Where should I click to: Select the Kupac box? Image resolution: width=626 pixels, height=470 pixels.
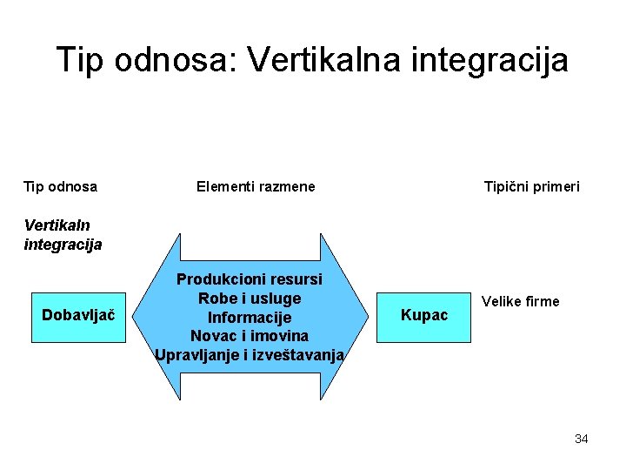pyautogui.click(x=424, y=315)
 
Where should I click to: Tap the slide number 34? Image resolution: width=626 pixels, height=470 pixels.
pyautogui.click(x=581, y=439)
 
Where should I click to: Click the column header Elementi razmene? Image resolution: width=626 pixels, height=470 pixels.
pyautogui.click(x=256, y=186)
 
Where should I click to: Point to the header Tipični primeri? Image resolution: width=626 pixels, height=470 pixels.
pyautogui.click(x=532, y=186)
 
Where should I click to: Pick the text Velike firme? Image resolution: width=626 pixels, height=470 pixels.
pyautogui.click(x=521, y=301)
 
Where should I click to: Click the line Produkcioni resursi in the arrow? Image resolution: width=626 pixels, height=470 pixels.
pyautogui.click(x=250, y=279)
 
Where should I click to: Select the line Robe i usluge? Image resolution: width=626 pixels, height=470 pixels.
pyautogui.click(x=250, y=298)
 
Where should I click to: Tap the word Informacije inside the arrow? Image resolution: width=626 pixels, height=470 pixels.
pyautogui.click(x=250, y=317)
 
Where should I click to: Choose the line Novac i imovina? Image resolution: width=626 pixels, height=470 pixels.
pyautogui.click(x=250, y=335)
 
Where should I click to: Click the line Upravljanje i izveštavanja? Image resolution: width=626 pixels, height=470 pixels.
pyautogui.click(x=250, y=354)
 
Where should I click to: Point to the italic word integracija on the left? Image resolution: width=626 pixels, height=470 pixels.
pyautogui.click(x=63, y=245)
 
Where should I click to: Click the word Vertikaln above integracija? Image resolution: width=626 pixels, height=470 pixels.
pyautogui.click(x=57, y=225)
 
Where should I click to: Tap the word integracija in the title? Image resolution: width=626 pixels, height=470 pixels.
pyautogui.click(x=496, y=60)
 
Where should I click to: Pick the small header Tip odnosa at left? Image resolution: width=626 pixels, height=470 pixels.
pyautogui.click(x=60, y=186)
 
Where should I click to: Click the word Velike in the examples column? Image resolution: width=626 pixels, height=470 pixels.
pyautogui.click(x=502, y=301)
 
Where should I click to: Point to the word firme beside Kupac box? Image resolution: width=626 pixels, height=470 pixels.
pyautogui.click(x=542, y=301)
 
